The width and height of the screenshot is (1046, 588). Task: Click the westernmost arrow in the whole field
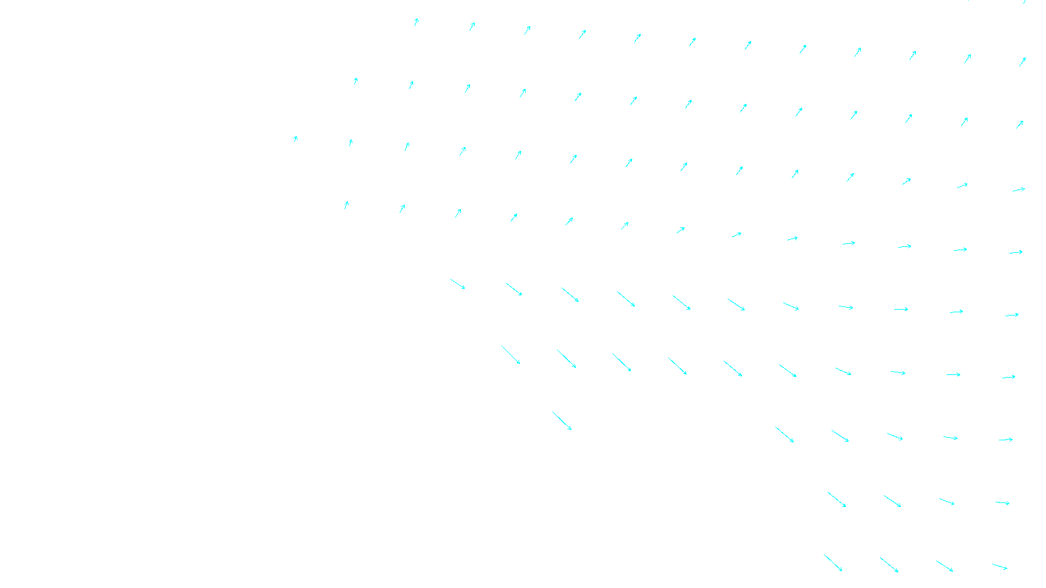295,139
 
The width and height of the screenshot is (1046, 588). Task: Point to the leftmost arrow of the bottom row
833,563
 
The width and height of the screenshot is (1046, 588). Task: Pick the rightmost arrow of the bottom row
1000,566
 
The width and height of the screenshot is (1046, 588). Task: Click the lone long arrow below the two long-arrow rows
562,421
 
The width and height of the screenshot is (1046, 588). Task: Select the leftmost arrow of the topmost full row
416,22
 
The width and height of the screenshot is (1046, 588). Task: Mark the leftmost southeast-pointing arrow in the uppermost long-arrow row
458,284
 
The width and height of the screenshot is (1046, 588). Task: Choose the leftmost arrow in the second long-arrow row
511,355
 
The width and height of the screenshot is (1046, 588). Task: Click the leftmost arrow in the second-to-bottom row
837,499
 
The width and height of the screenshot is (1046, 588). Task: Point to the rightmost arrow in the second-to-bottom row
1002,503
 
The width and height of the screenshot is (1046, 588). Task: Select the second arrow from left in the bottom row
889,564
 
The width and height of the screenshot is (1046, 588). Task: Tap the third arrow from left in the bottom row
944,566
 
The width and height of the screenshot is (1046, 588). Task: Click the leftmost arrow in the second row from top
356,81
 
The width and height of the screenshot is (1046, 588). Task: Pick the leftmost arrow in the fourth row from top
346,205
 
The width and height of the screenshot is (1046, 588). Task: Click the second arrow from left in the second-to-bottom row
892,501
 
